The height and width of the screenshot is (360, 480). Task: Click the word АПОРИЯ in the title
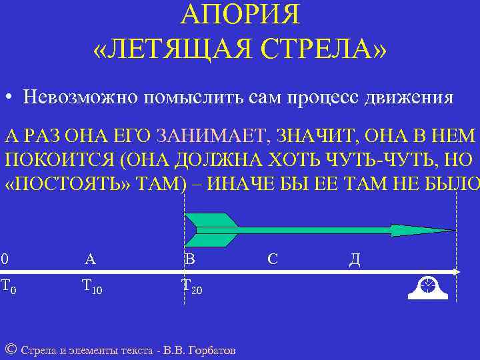click(240, 14)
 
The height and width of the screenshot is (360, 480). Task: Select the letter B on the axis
click(189, 259)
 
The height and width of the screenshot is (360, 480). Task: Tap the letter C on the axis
click(272, 259)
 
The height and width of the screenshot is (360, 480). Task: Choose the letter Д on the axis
click(355, 259)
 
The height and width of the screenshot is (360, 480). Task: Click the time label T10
click(91, 287)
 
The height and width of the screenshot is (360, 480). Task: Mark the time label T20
click(191, 287)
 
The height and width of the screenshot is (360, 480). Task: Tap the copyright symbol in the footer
click(10, 349)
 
